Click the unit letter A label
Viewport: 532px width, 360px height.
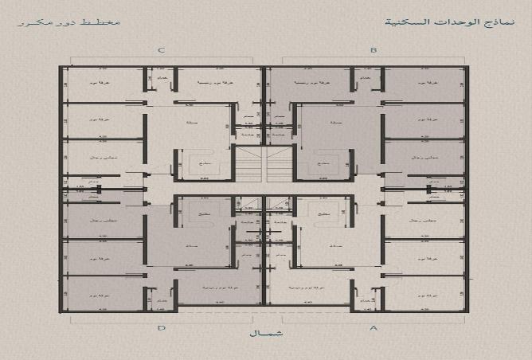click(x=373, y=327)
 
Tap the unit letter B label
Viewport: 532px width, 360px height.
click(x=373, y=51)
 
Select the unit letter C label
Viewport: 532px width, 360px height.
click(x=162, y=51)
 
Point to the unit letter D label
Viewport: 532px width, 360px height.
click(x=162, y=327)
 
